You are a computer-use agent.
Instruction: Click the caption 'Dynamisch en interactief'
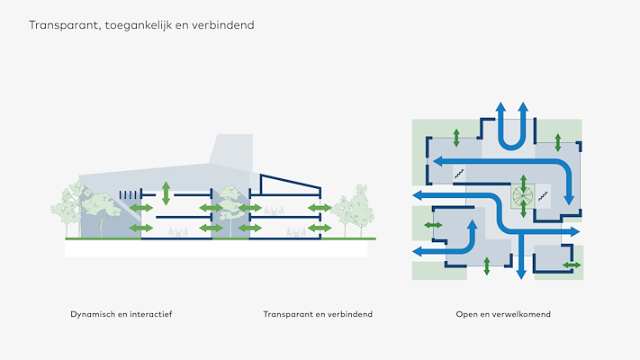[121, 314]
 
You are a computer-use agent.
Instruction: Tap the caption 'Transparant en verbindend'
[318, 314]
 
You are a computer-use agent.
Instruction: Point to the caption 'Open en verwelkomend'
[503, 314]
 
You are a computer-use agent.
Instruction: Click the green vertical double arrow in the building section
[166, 192]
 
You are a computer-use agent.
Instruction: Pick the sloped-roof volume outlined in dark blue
[290, 185]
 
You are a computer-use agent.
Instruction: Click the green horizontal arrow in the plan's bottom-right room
[572, 265]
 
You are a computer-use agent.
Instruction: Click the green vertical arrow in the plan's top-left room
[456, 137]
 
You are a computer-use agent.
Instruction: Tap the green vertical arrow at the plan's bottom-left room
[487, 265]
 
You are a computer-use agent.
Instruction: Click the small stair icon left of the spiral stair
[459, 171]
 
